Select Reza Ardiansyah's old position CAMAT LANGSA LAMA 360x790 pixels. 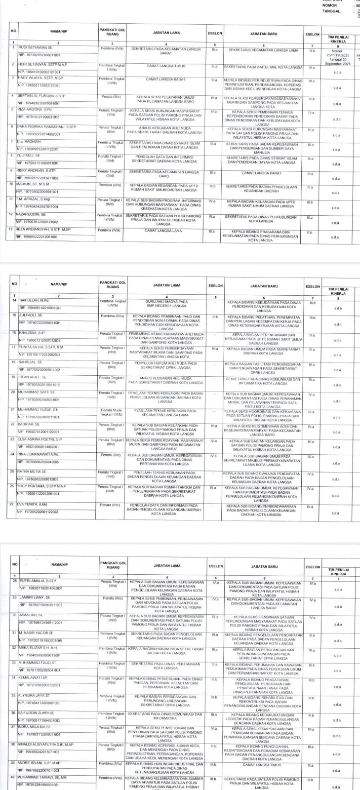(x=163, y=231)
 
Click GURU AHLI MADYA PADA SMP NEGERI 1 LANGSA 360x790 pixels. (x=165, y=303)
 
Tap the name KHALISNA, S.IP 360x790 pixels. (x=32, y=333)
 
